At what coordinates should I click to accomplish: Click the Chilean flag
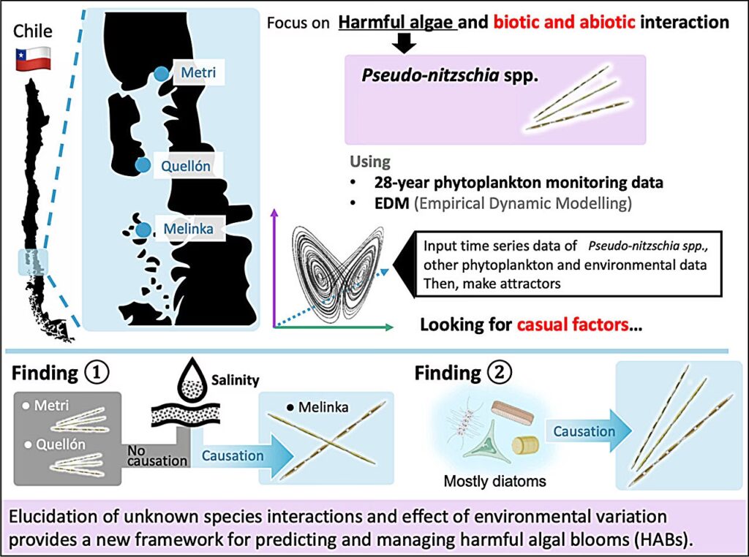pyautogui.click(x=34, y=58)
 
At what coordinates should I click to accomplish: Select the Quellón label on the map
pyautogui.click(x=186, y=167)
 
